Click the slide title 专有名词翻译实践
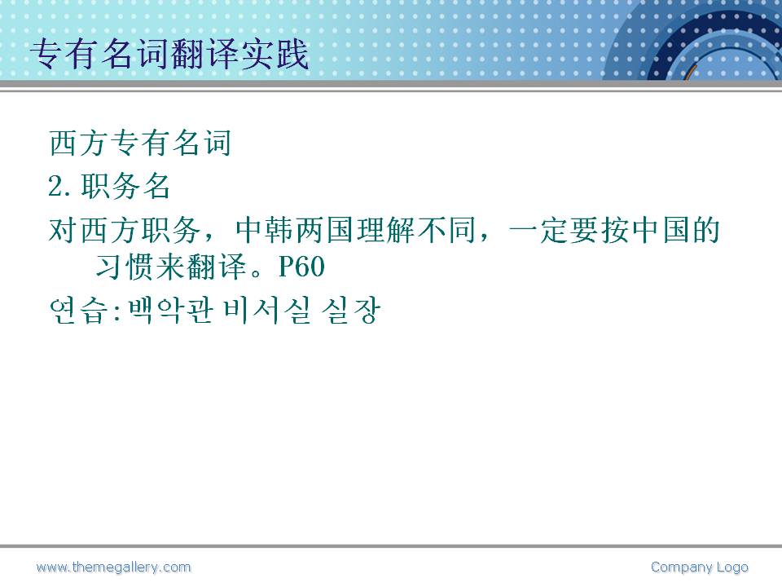169,54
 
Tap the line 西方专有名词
140,143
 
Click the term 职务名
125,186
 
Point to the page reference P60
301,267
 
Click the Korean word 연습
79,311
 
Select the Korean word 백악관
171,311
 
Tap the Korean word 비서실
267,311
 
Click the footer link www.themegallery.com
114,567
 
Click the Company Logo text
700,567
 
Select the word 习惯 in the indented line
125,267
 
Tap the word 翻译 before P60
217,267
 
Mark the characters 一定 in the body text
538,230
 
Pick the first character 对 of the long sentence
64,230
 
